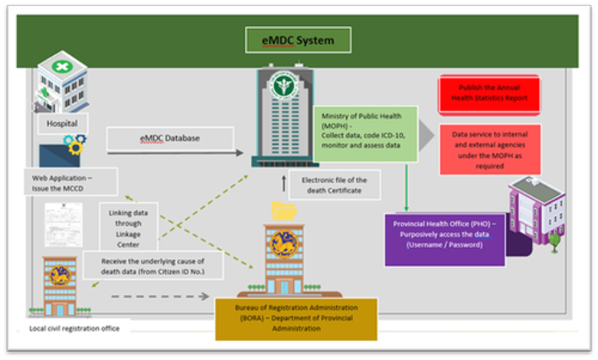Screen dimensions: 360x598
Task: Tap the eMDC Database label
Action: point(170,139)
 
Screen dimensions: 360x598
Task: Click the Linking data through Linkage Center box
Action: point(129,225)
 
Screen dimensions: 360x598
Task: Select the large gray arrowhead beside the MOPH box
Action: point(426,134)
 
